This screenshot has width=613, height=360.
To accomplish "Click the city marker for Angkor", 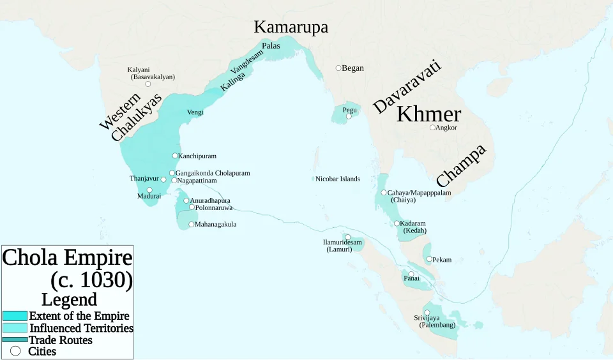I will click(x=432, y=128).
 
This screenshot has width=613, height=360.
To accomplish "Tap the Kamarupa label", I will click(x=291, y=27).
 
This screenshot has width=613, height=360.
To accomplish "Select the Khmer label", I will click(x=428, y=114).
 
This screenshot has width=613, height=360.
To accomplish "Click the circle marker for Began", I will click(x=338, y=68).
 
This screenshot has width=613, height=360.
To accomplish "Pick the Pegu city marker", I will click(x=349, y=117).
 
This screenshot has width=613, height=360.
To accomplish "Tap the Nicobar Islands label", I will click(x=338, y=179).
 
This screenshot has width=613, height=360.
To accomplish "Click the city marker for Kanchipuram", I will click(x=175, y=156).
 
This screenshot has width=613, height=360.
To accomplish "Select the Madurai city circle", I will click(x=149, y=190).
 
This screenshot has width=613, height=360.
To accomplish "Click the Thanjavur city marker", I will click(x=163, y=179).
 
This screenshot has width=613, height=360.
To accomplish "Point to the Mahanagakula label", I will click(x=216, y=224).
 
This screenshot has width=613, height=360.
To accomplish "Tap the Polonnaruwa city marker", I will click(x=192, y=207).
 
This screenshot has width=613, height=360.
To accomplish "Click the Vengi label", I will click(x=195, y=112).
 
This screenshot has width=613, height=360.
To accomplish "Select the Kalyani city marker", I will click(x=148, y=84).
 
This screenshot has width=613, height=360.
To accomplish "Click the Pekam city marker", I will click(x=429, y=259).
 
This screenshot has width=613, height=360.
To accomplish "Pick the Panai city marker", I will click(x=411, y=274).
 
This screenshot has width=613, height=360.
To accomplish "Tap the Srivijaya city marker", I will click(x=427, y=312).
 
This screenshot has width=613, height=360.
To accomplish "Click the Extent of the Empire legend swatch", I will click(x=15, y=316).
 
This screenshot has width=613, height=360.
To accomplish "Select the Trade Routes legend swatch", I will click(x=15, y=340).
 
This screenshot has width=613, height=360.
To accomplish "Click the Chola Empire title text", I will click(x=68, y=259).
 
